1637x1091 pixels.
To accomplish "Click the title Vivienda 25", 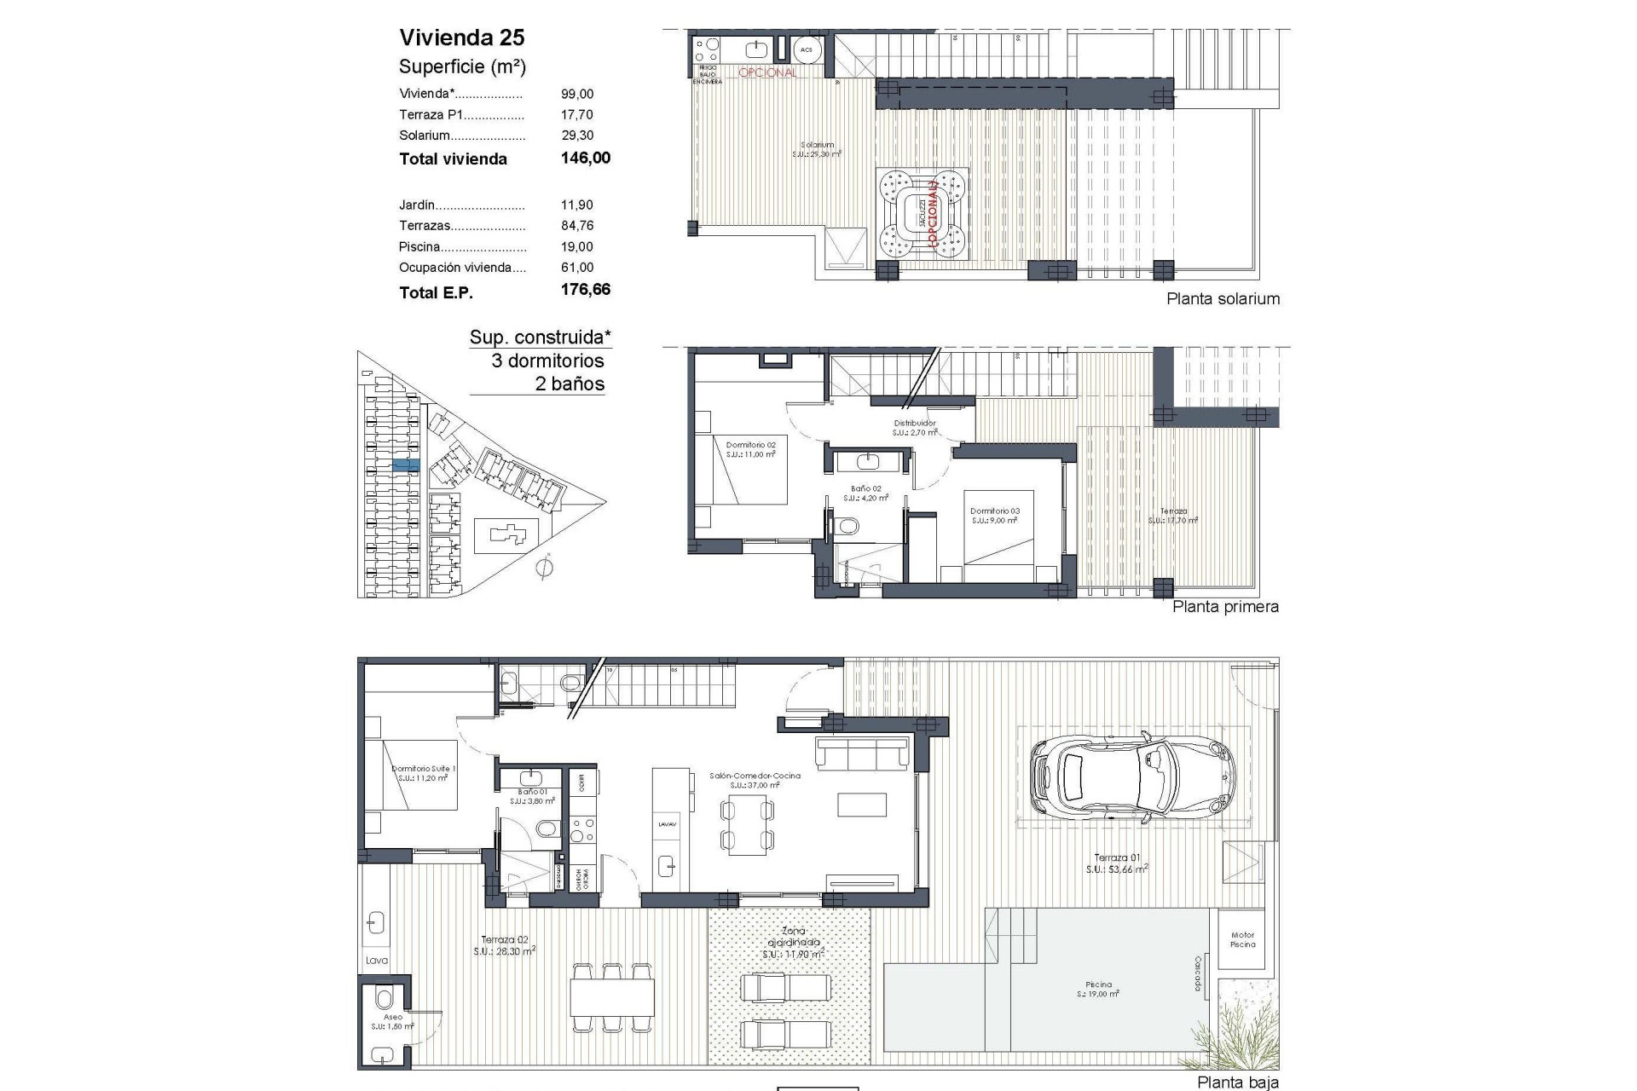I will click(x=462, y=38).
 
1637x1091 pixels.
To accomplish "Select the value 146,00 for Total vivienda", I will click(x=585, y=158).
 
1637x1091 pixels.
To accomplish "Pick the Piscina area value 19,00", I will click(x=577, y=246).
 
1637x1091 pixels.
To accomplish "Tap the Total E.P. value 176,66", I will click(x=585, y=290).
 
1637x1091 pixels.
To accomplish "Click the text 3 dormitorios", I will click(x=547, y=361).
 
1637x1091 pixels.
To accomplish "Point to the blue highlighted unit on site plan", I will click(x=406, y=465).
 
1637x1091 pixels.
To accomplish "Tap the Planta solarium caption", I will click(x=1223, y=298).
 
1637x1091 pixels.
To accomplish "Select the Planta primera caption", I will click(x=1225, y=607).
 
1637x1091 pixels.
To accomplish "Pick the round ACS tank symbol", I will click(x=806, y=50).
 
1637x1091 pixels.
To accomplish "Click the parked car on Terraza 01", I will click(x=1131, y=776).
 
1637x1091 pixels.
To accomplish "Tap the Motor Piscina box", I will click(x=1242, y=939).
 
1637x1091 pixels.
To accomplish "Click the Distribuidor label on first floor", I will click(x=915, y=424).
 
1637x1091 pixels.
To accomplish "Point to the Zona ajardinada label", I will click(x=794, y=938).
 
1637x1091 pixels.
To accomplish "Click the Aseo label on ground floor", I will click(x=392, y=1017).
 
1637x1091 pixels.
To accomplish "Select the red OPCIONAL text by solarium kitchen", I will click(x=767, y=73).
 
